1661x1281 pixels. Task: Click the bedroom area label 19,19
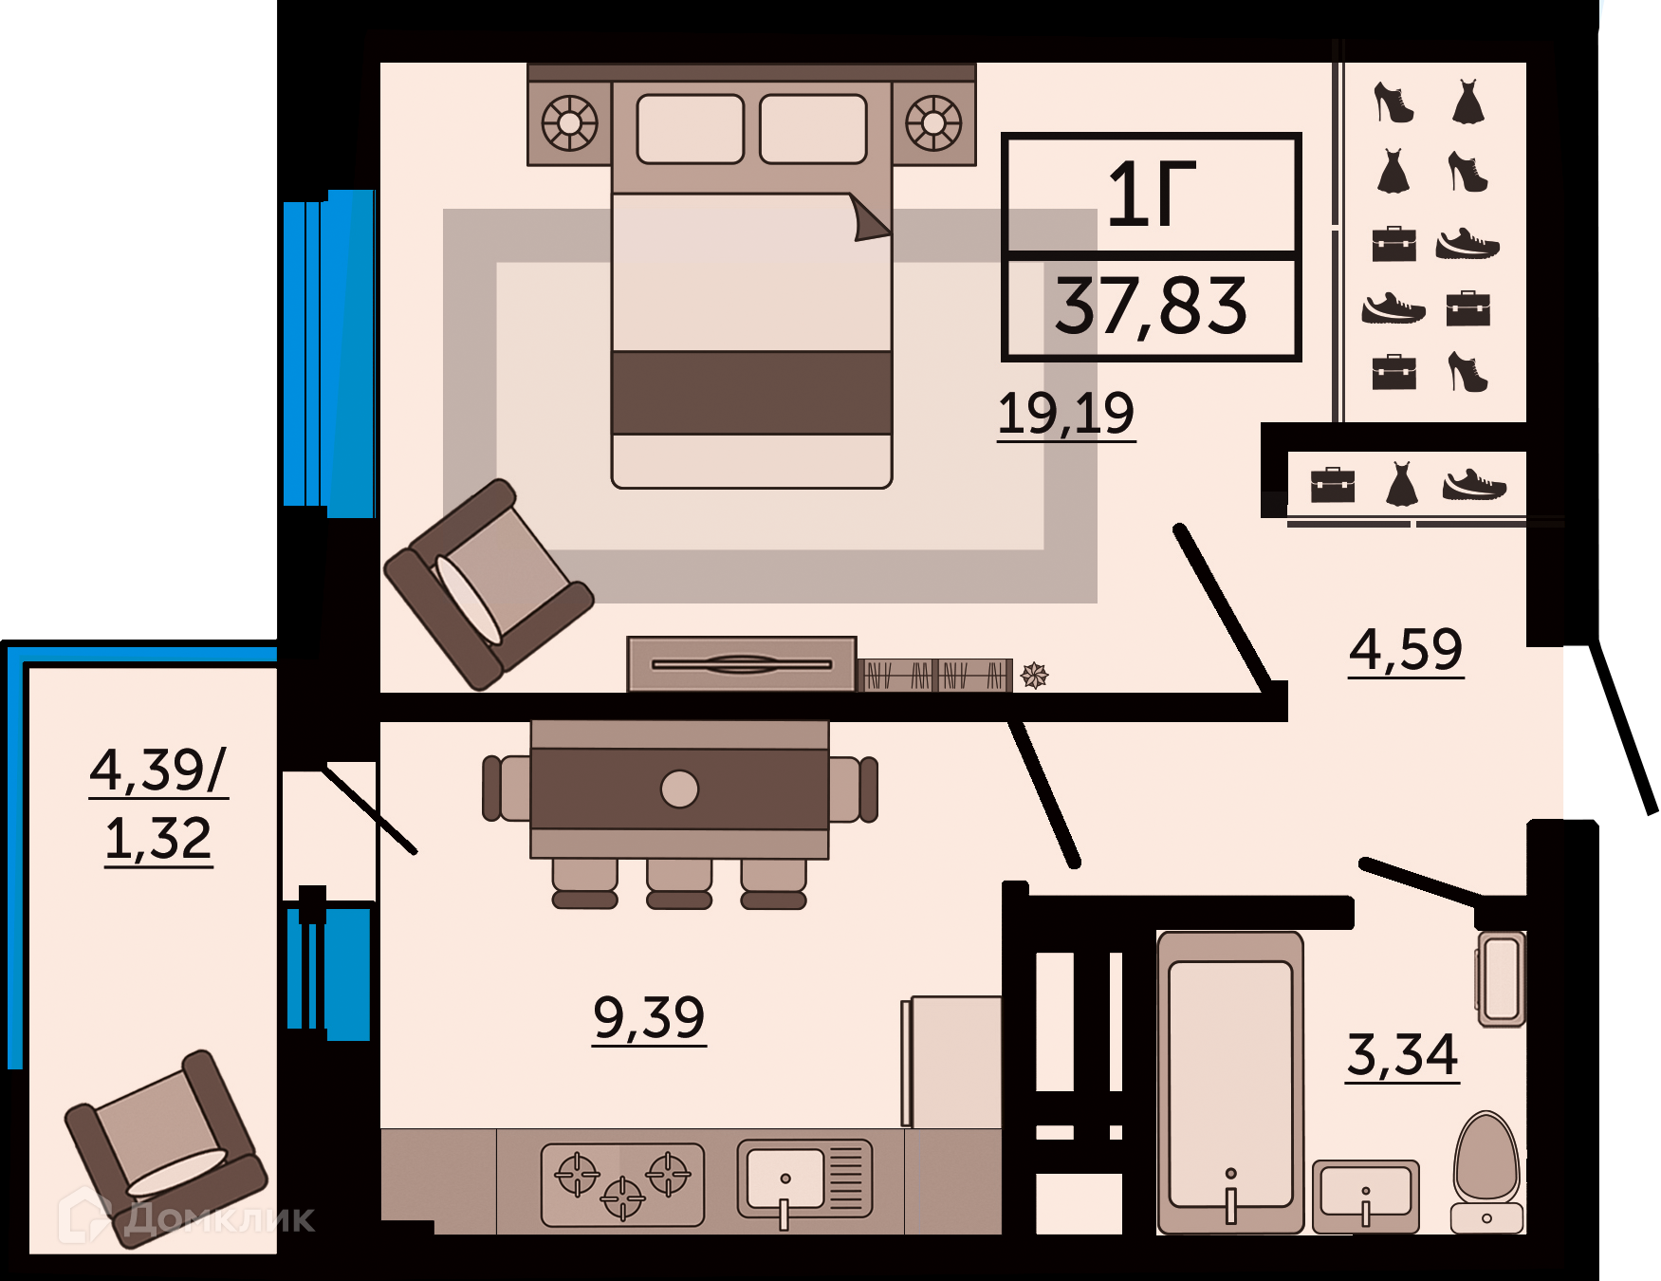pyautogui.click(x=1065, y=414)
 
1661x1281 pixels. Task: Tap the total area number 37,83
pyautogui.click(x=1151, y=306)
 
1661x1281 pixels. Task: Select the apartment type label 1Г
pyautogui.click(x=1152, y=195)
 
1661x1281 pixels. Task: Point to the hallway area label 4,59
pyautogui.click(x=1406, y=650)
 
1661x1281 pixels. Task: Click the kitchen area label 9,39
pyautogui.click(x=649, y=1017)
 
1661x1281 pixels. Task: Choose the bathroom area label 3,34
pyautogui.click(x=1402, y=1055)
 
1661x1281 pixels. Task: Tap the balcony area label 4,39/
pyautogui.click(x=158, y=770)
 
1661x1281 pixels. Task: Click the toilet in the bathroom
pyautogui.click(x=1486, y=1173)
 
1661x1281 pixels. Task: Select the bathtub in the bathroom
pyautogui.click(x=1230, y=1083)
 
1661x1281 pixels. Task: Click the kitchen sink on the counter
pyautogui.click(x=804, y=1181)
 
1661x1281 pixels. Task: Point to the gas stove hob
pyautogui.click(x=622, y=1184)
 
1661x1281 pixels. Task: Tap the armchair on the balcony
pyautogui.click(x=166, y=1147)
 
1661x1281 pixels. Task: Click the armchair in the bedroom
pyautogui.click(x=488, y=584)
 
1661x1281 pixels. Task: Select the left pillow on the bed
pyautogui.click(x=690, y=129)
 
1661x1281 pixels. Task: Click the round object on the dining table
pyautogui.click(x=679, y=789)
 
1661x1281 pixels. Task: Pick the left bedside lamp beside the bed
pyautogui.click(x=569, y=123)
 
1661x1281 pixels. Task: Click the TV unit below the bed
pyautogui.click(x=742, y=664)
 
